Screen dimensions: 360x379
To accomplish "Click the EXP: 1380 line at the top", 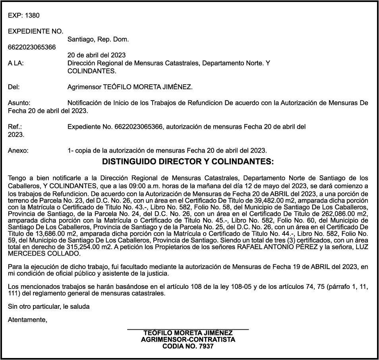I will coord(24,15).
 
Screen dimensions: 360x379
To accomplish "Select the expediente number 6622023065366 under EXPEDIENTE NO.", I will coord(32,47).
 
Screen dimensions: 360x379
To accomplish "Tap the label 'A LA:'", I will coord(15,63).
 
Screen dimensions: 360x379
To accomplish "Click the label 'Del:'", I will coord(14,87).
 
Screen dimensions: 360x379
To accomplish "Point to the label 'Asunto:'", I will coord(19,103).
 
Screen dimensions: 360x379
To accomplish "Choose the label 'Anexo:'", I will coord(18,151).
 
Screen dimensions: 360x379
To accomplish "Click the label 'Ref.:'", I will coord(15,127).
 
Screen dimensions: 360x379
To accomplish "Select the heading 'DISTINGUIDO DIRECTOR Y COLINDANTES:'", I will coord(188,162).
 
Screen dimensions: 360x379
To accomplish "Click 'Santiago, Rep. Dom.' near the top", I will coord(98,39).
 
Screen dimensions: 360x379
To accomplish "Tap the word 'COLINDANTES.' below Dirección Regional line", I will coord(92,71).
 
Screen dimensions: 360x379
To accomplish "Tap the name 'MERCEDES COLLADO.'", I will coord(44,254).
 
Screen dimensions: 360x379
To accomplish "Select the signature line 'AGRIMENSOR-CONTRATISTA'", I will coord(188,340).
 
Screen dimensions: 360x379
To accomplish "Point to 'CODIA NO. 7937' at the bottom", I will coord(188,346).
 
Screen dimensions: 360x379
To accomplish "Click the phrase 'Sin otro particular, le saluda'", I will coord(49,306).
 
